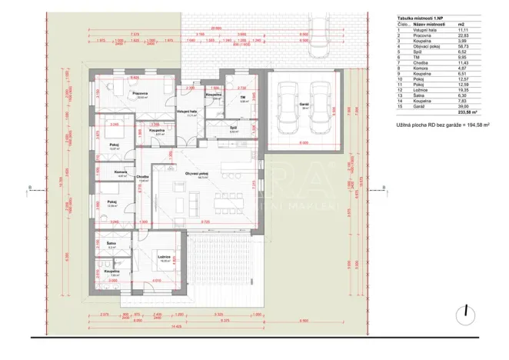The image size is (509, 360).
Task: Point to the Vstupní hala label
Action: point(187,112)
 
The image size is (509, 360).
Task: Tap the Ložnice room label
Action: point(164,257)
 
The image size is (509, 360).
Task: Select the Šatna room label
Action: point(111,244)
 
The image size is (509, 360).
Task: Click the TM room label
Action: point(243,97)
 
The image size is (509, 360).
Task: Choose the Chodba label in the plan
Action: point(143,176)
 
